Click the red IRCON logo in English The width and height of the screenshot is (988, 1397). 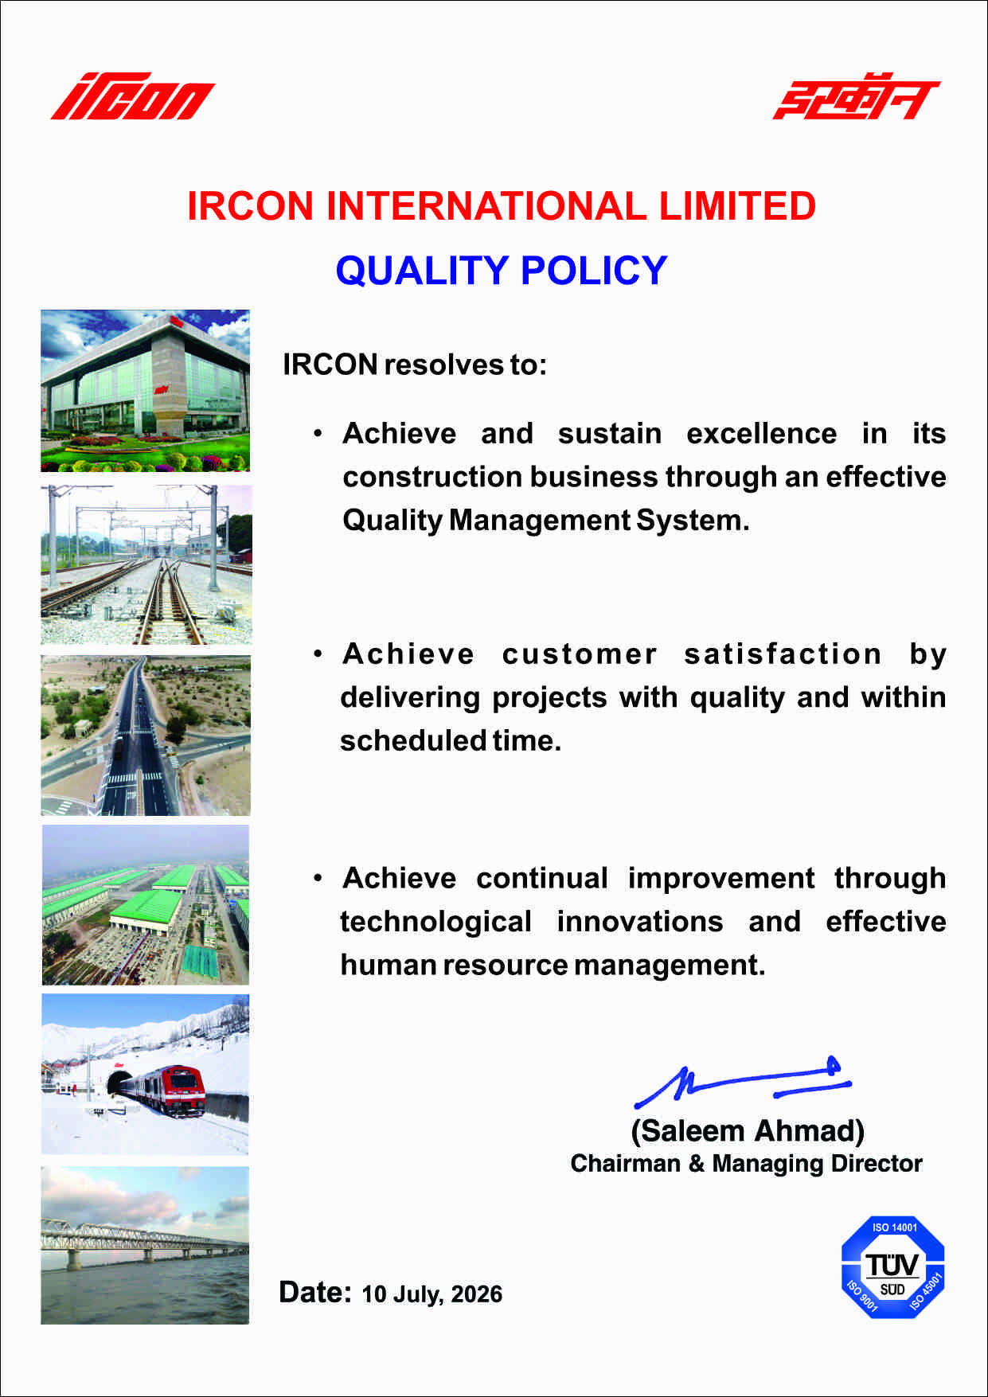[133, 97]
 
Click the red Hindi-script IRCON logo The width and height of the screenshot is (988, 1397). [856, 96]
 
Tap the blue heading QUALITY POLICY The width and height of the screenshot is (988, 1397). [502, 271]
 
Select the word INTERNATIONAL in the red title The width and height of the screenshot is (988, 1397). [486, 206]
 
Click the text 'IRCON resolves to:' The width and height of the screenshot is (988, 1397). [415, 365]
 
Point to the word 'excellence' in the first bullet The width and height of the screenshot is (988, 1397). [762, 434]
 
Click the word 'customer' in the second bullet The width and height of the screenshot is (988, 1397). [580, 654]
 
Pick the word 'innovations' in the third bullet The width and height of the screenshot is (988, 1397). [640, 922]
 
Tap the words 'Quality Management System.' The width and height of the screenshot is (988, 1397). [546, 521]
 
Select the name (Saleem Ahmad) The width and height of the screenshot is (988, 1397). [748, 1131]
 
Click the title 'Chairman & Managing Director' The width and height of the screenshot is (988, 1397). [747, 1164]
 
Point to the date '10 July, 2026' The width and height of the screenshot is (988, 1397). [432, 1294]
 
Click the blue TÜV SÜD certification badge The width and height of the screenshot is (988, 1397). [893, 1267]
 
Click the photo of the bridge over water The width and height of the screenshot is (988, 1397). [145, 1246]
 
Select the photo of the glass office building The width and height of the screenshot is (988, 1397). [145, 391]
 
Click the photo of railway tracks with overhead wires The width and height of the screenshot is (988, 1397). [146, 565]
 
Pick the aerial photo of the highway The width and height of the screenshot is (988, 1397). [146, 736]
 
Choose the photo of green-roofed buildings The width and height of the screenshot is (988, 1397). [146, 905]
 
